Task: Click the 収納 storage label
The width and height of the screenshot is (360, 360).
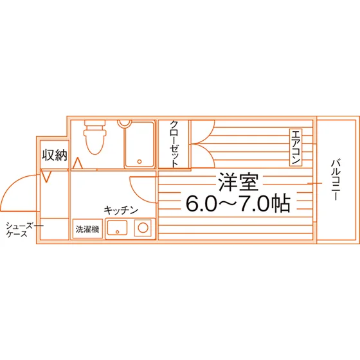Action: pyautogui.click(x=55, y=155)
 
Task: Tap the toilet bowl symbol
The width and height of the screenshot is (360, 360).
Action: pyautogui.click(x=95, y=141)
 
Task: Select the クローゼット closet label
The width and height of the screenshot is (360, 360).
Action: pyautogui.click(x=174, y=144)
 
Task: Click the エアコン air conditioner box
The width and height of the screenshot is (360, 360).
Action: pyautogui.click(x=296, y=147)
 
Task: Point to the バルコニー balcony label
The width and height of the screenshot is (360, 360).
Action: pyautogui.click(x=336, y=180)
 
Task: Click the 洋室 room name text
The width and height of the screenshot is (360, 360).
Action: pyautogui.click(x=239, y=183)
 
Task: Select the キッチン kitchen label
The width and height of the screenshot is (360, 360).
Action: pyautogui.click(x=121, y=210)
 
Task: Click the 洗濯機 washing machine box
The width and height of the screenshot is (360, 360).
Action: pyautogui.click(x=87, y=229)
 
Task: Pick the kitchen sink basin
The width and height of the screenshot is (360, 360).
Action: pyautogui.click(x=117, y=228)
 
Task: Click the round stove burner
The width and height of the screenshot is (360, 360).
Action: pyautogui.click(x=143, y=228)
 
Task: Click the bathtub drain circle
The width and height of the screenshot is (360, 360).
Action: pyautogui.click(x=139, y=161)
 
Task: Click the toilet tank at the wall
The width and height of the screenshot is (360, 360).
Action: pyautogui.click(x=95, y=123)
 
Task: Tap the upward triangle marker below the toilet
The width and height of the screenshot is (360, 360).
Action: pyautogui.click(x=78, y=163)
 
